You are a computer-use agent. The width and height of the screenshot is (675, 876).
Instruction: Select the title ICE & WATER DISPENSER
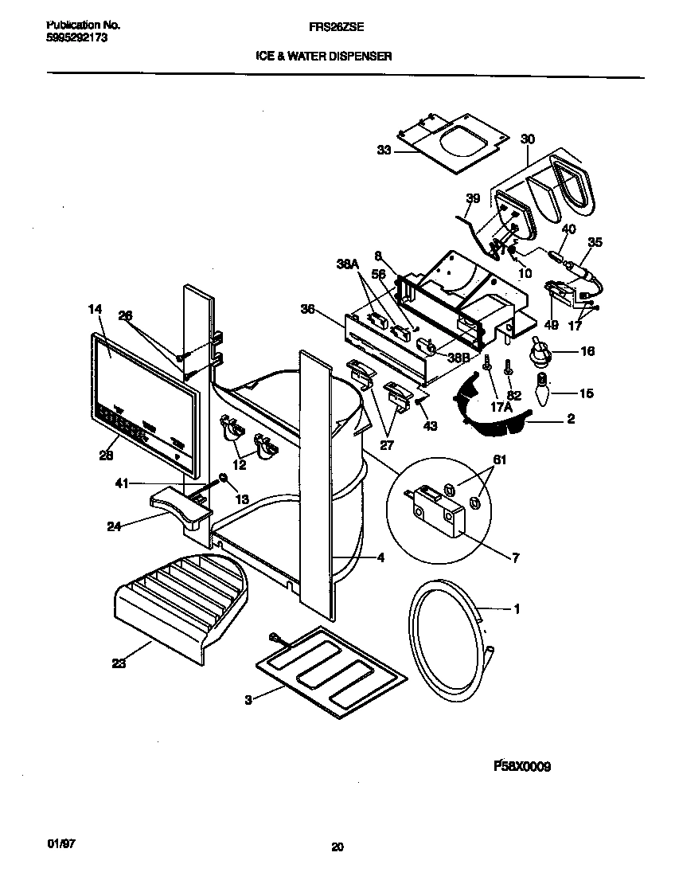[x=323, y=57]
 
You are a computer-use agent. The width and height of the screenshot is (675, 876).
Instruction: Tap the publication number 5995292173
[x=72, y=37]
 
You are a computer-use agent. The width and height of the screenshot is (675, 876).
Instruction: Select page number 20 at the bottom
[x=337, y=847]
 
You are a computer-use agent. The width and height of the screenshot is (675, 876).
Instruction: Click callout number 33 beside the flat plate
[x=384, y=150]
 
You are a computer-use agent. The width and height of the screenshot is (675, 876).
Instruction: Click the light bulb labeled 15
[x=543, y=393]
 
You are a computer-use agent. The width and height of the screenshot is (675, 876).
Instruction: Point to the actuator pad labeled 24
[x=181, y=507]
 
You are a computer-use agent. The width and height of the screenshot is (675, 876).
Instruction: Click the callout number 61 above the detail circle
[x=499, y=460]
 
